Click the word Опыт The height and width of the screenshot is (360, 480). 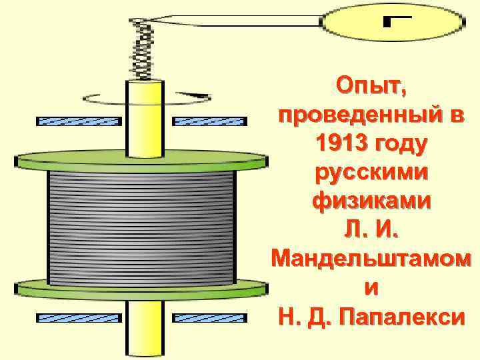pos(371,87)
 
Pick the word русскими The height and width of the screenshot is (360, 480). pos(371,173)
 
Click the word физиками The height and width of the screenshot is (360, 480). pos(371,201)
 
